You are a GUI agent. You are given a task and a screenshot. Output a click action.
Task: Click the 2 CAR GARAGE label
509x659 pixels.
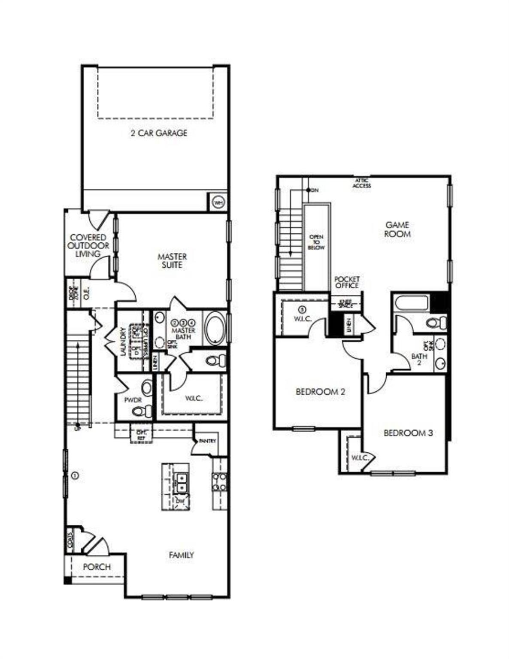coord(159,133)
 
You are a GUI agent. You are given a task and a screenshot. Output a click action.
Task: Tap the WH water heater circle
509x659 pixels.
coord(218,202)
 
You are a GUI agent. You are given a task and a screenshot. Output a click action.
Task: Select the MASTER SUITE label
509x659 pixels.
coord(172,261)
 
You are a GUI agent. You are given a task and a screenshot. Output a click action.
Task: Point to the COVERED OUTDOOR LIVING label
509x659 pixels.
coord(88,245)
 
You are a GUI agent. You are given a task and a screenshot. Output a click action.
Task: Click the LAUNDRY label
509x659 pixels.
coord(123,342)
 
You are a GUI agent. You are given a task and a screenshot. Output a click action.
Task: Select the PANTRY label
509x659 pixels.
coord(207,441)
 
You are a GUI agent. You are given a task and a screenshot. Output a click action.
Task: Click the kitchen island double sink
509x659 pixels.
coord(182,483)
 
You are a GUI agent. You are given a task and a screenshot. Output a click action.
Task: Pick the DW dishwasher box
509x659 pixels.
coord(180,501)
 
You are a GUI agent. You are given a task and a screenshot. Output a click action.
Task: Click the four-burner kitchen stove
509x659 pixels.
coord(220,481)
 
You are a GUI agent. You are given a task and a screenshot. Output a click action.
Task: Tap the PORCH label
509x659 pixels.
coord(97,567)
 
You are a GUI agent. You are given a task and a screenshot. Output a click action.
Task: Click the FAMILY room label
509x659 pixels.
coord(181,555)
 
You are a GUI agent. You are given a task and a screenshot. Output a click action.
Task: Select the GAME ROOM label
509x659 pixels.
coord(397,229)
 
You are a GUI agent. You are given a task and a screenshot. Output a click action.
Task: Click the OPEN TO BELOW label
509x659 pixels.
coord(316,242)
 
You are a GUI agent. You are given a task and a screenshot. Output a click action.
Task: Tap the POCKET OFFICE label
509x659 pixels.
coord(347,282)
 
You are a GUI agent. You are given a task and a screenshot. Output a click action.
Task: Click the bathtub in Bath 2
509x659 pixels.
coord(412,303)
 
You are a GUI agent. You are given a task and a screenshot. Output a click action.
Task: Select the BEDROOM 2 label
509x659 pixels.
coord(321,392)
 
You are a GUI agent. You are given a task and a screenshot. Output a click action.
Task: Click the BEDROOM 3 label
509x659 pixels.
coord(408,433)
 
